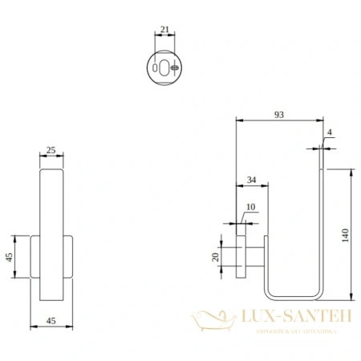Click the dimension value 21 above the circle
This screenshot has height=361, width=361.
[x=164, y=30]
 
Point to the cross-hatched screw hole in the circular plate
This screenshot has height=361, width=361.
[x=175, y=68]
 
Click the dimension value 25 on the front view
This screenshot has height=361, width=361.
[x=52, y=151]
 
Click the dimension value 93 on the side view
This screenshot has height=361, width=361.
[x=278, y=116]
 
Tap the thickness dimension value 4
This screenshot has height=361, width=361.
[x=330, y=133]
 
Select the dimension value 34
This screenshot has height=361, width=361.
[x=251, y=180]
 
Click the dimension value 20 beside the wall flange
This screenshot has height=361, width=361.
[x=215, y=257]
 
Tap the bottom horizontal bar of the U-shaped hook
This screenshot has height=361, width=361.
[x=294, y=292]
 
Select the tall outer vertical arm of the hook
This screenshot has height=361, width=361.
[x=322, y=225]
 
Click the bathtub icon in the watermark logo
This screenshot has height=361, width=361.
[x=211, y=321]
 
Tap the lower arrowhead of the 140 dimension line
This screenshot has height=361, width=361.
[x=351, y=290]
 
